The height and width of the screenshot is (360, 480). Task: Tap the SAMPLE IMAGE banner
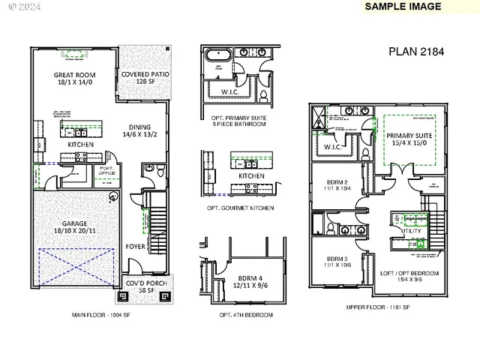402,6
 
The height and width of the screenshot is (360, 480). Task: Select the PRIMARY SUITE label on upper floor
409,140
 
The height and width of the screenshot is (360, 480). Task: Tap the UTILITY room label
412,232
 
